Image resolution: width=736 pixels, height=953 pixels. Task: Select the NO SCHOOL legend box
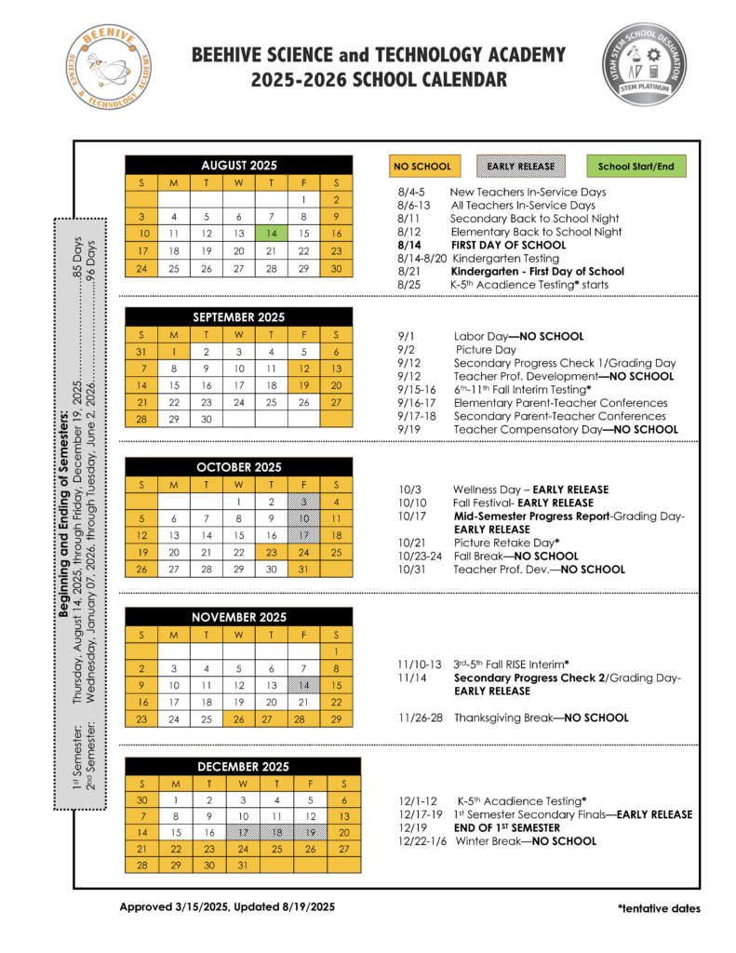click(x=422, y=167)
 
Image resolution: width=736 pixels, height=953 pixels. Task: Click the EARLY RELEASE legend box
click(x=521, y=167)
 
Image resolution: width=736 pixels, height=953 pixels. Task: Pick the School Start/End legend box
click(x=636, y=167)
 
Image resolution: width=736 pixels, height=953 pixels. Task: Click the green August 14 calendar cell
click(x=271, y=234)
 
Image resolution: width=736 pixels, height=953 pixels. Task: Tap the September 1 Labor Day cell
click(x=173, y=353)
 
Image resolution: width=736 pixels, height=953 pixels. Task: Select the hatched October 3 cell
click(x=303, y=503)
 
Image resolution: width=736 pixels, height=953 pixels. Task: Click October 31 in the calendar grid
click(x=303, y=570)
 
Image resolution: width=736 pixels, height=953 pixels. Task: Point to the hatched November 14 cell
click(x=303, y=686)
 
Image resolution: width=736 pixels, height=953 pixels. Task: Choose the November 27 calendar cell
click(x=271, y=719)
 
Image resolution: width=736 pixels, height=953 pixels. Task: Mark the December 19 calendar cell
click(x=310, y=833)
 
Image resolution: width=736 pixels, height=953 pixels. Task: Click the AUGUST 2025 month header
click(x=238, y=166)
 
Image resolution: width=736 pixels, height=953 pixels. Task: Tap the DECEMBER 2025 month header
click(x=243, y=767)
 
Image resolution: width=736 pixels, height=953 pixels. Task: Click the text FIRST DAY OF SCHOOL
click(x=502, y=245)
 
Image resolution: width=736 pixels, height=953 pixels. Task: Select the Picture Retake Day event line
click(x=505, y=543)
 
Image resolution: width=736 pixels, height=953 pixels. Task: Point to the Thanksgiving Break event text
click(x=541, y=718)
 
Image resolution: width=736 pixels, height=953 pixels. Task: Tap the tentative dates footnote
click(x=658, y=908)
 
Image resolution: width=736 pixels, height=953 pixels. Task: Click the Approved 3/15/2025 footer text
click(x=227, y=906)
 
